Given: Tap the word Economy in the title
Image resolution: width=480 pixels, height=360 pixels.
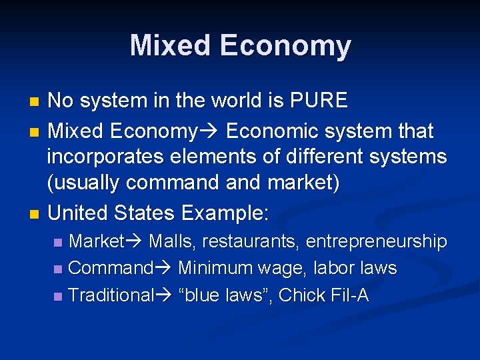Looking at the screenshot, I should coord(285,46).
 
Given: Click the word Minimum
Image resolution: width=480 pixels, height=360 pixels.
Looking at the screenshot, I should coord(214,269).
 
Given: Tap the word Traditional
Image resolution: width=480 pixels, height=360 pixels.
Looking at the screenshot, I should coord(111,295).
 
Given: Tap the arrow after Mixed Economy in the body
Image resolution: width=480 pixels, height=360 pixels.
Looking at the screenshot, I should coord(208,131).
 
